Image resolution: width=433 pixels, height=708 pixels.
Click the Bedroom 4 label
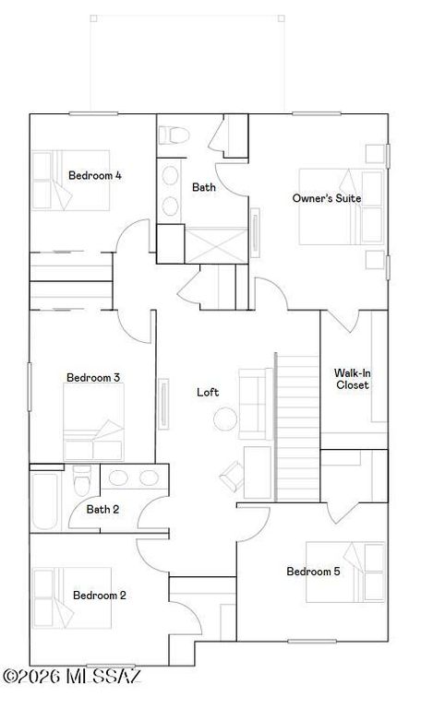pyautogui.click(x=95, y=175)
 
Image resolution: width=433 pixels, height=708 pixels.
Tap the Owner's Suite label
pyautogui.click(x=326, y=198)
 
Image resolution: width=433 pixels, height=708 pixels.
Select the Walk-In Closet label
pyautogui.click(x=352, y=379)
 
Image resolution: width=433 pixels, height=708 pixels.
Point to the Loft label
pyautogui.click(x=208, y=392)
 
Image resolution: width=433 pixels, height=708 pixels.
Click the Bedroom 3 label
pyautogui.click(x=93, y=377)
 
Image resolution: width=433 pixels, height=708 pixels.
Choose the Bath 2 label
pyautogui.click(x=102, y=509)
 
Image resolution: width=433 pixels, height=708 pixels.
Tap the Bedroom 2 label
pyautogui.click(x=100, y=595)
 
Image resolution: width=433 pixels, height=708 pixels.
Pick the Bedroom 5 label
pyautogui.click(x=313, y=572)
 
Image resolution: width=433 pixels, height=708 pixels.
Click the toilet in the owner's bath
pyautogui.click(x=174, y=136)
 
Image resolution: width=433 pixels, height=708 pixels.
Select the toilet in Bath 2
pyautogui.click(x=81, y=482)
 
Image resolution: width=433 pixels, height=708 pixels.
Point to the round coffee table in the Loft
pyautogui.click(x=226, y=420)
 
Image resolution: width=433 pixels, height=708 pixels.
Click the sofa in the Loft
pyautogui.click(x=253, y=403)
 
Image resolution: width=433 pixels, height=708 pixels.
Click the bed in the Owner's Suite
pyautogui.click(x=340, y=206)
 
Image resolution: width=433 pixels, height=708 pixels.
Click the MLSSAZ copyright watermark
pyautogui.click(x=71, y=678)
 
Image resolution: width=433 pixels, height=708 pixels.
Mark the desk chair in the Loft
pyautogui.click(x=230, y=476)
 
